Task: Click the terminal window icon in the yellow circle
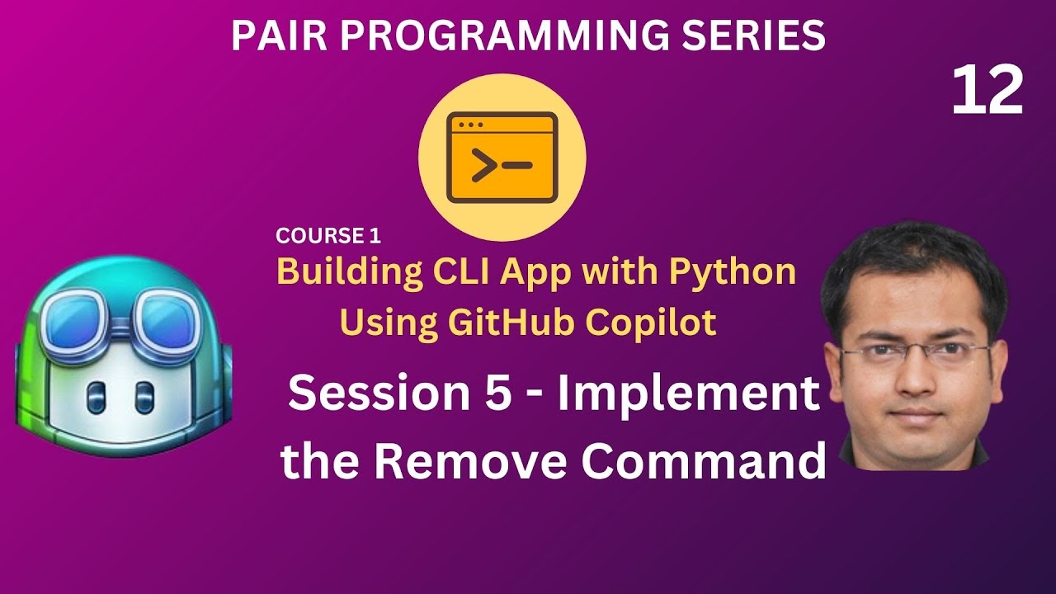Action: tap(502, 158)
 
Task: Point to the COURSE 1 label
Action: tap(328, 236)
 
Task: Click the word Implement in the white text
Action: tap(688, 394)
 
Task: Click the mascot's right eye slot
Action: tap(144, 397)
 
